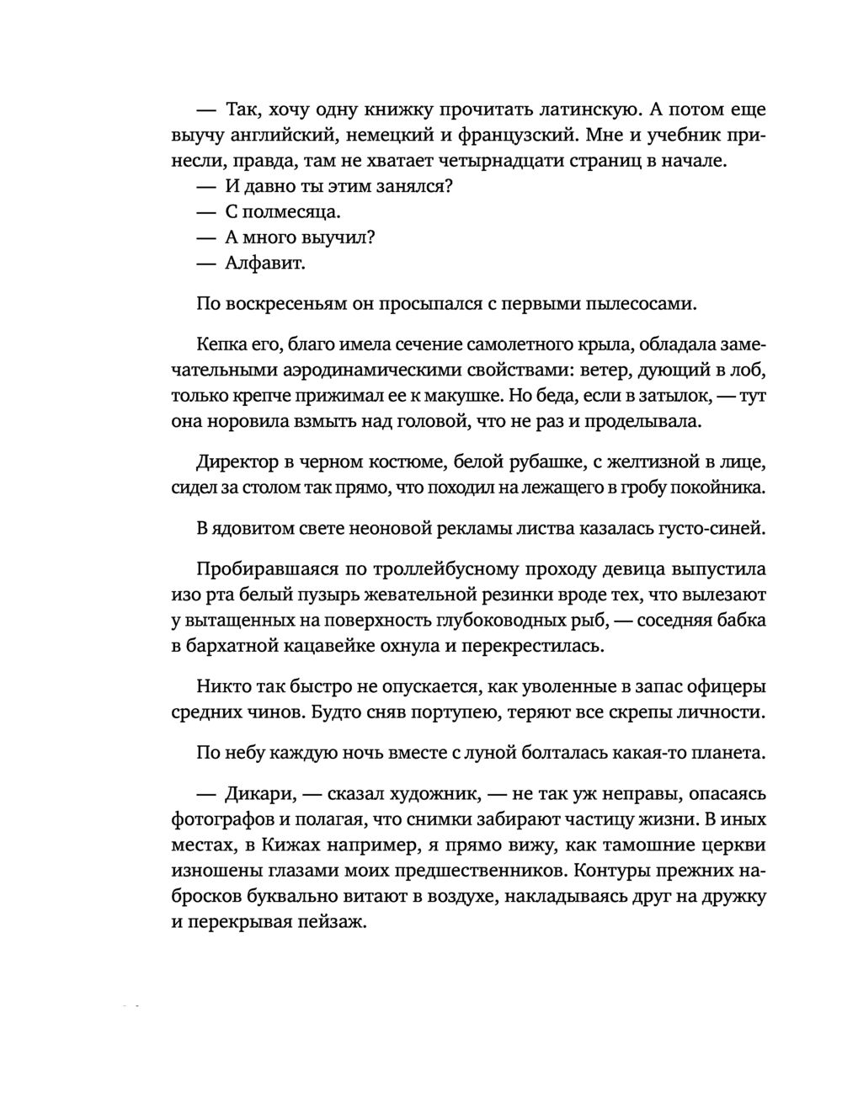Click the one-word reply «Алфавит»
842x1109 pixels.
[x=264, y=264]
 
